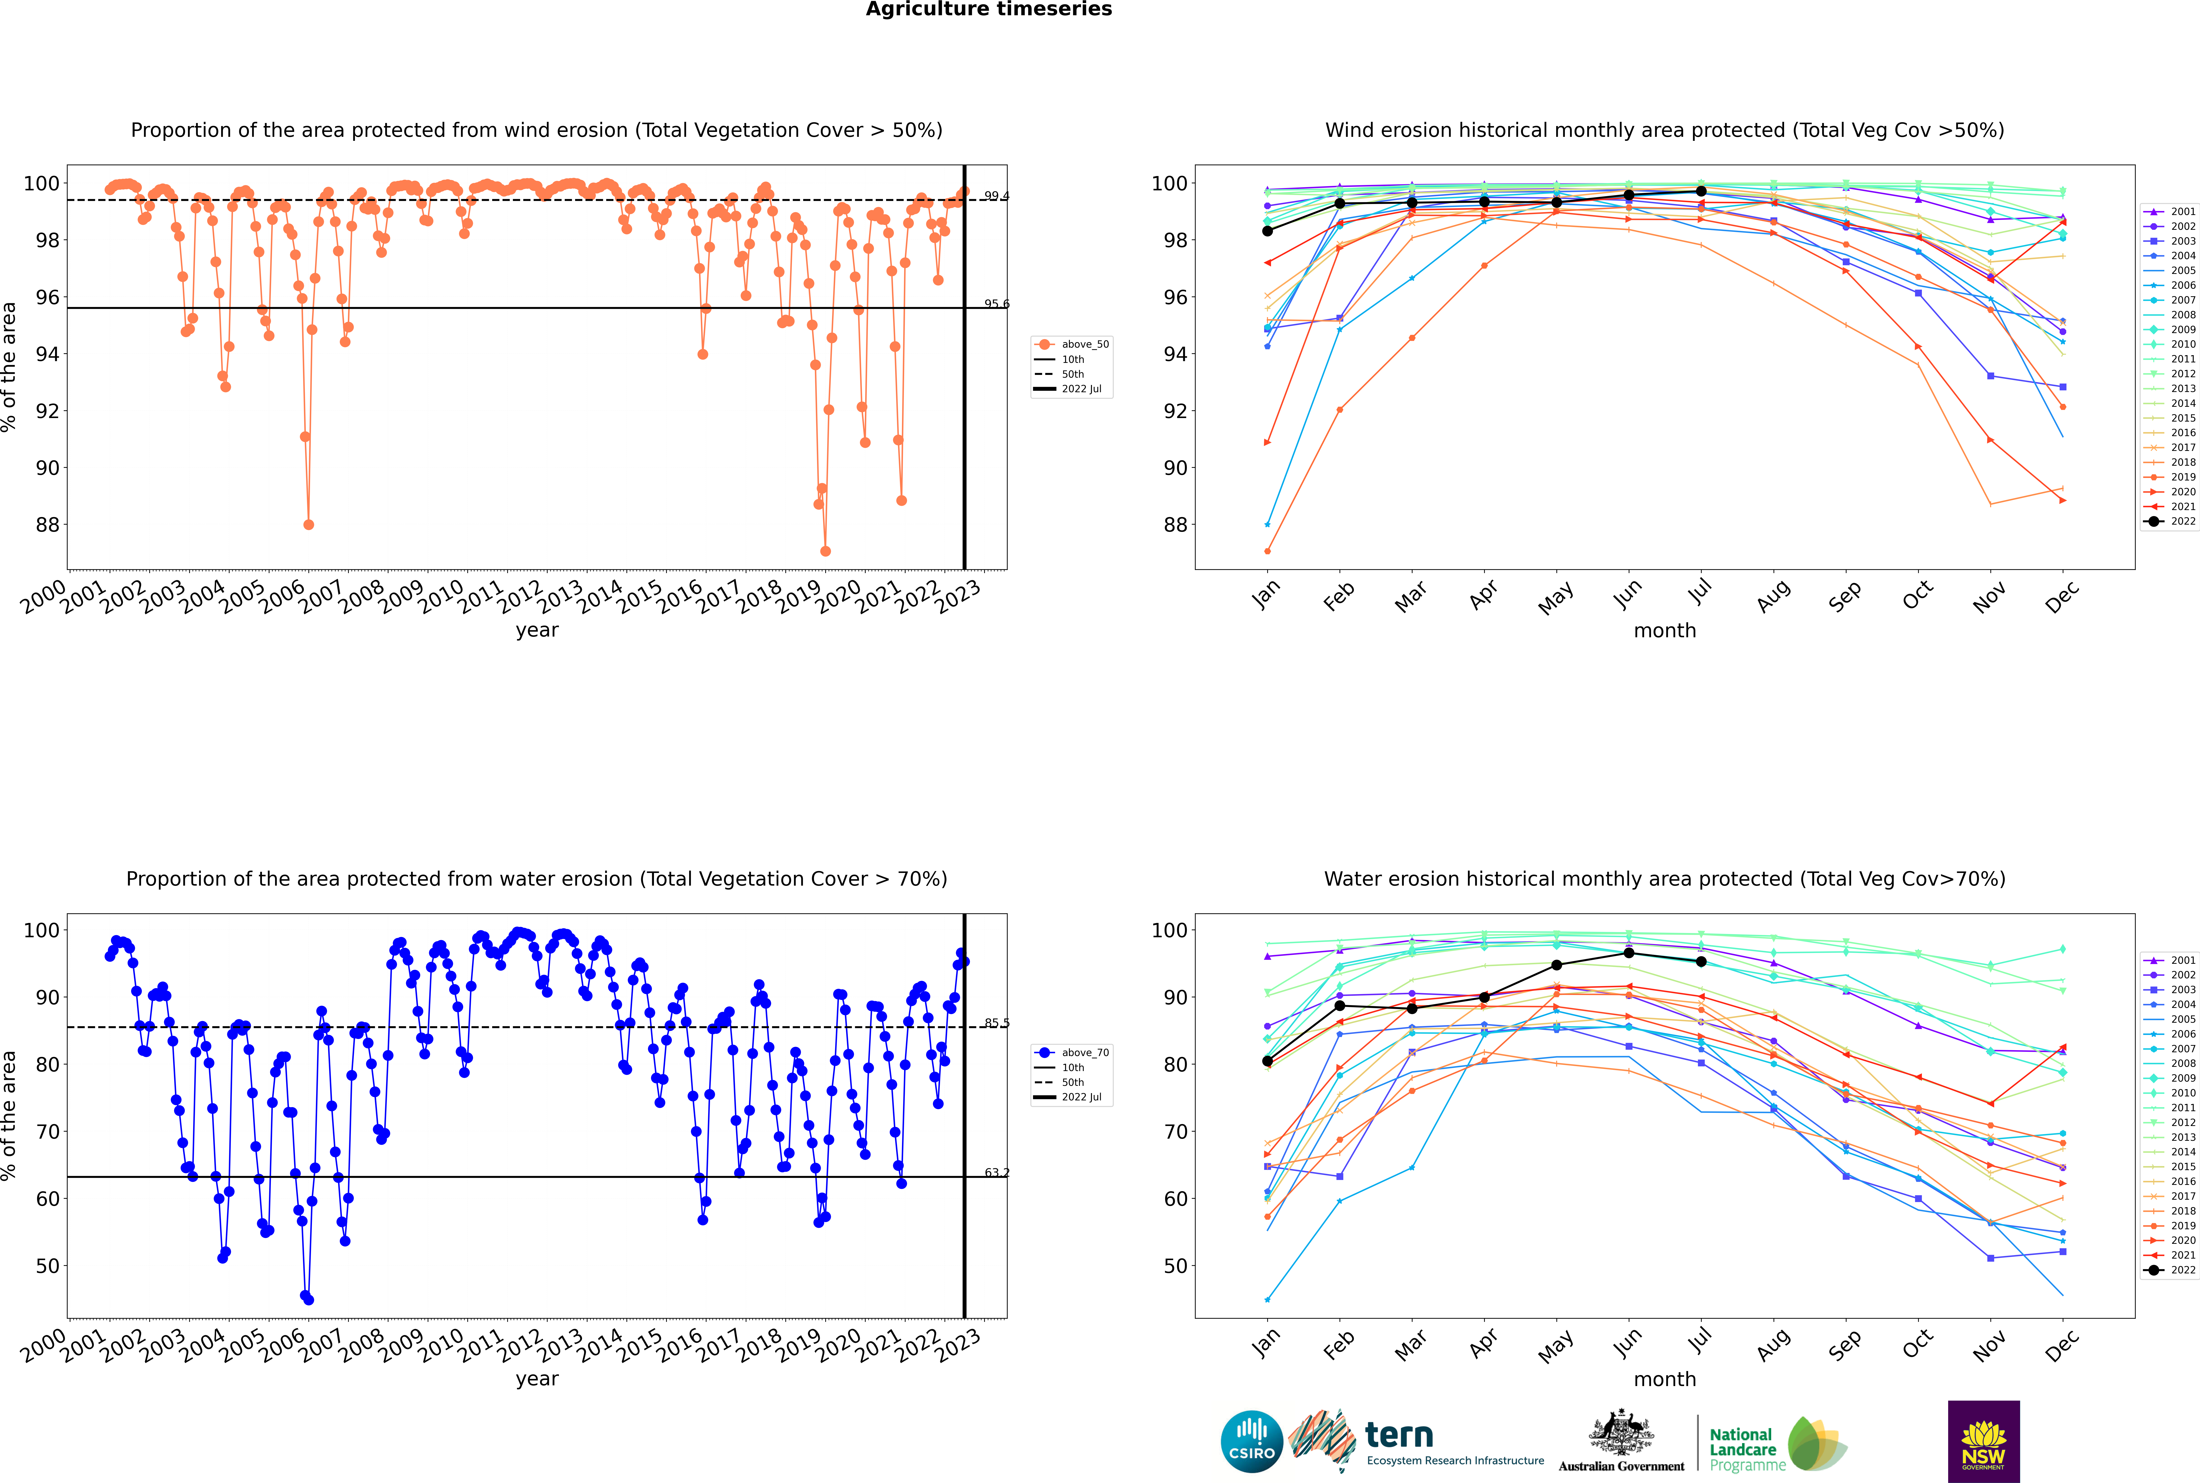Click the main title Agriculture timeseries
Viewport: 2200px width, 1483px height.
tap(988, 9)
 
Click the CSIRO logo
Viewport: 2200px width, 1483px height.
tap(1251, 1441)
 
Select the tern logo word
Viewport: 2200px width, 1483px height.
tap(1399, 1436)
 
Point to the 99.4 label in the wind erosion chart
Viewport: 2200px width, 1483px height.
tap(996, 196)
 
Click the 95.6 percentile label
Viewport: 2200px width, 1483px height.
tap(996, 304)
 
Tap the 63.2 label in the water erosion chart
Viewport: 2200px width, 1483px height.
tap(996, 1173)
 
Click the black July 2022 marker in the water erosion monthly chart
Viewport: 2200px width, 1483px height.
tap(1701, 962)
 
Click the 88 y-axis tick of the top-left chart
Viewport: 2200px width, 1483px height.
tap(47, 525)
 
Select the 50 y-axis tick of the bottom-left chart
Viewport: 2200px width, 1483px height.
tap(47, 1265)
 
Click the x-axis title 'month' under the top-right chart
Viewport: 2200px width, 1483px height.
tap(1665, 631)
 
